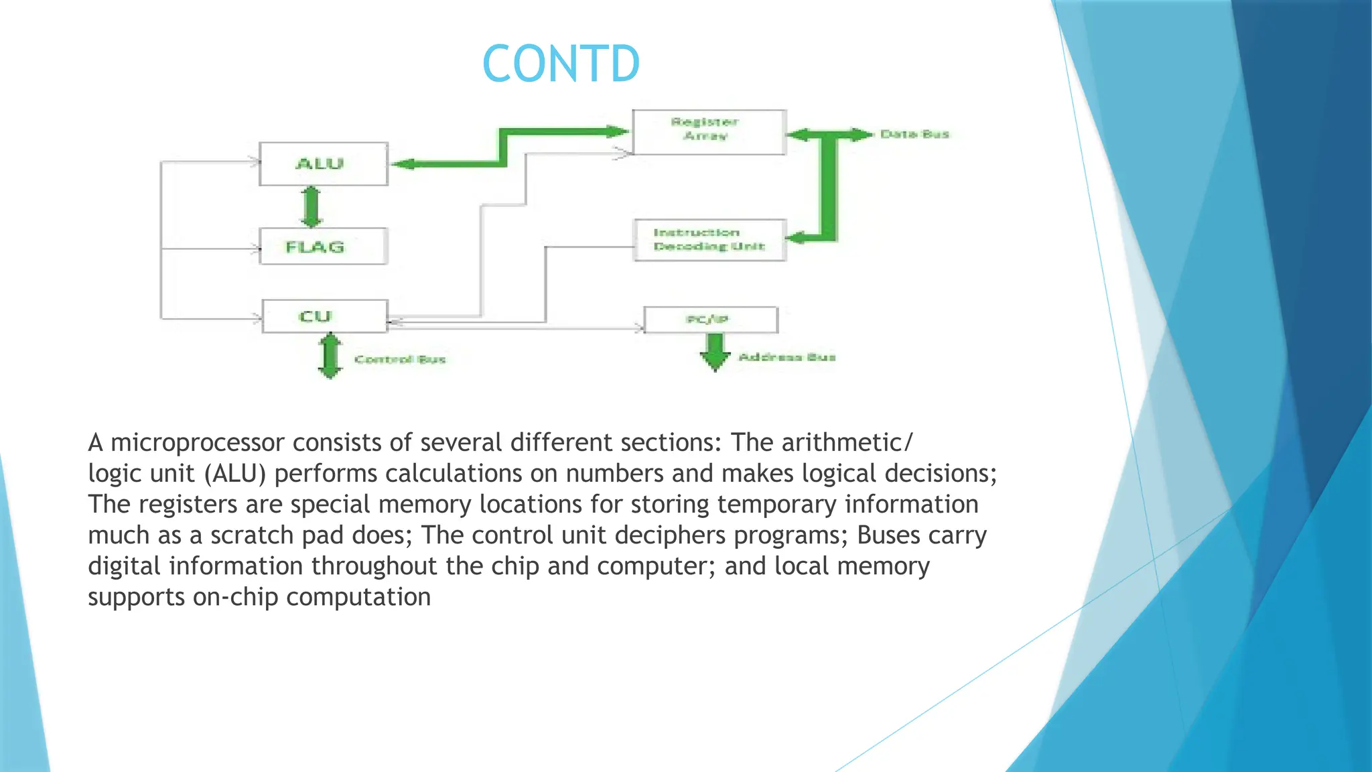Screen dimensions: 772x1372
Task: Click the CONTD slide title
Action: click(561, 64)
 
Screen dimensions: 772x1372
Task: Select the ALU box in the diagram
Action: click(323, 164)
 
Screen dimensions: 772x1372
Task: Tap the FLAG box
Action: click(323, 247)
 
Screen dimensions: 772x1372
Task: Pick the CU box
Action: click(324, 316)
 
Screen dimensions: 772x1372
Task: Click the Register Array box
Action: click(709, 132)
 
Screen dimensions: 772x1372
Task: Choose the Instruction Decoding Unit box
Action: click(709, 240)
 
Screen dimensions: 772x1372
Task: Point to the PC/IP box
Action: click(710, 320)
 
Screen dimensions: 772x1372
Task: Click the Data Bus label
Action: click(914, 135)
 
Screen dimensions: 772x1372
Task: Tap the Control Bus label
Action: click(400, 360)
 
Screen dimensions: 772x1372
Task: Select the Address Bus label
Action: click(786, 357)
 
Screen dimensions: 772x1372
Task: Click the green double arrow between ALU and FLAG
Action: click(312, 207)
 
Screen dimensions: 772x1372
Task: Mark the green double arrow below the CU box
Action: click(330, 356)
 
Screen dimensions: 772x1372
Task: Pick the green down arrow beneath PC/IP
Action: click(715, 352)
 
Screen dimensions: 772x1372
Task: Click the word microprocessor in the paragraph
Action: click(198, 443)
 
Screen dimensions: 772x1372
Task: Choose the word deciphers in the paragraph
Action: click(670, 535)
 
